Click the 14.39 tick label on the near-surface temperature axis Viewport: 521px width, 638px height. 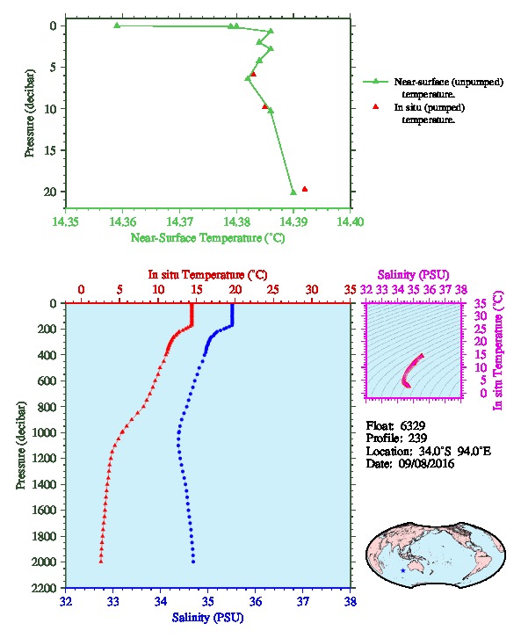coord(293,221)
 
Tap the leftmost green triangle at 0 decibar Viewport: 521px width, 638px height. coord(117,25)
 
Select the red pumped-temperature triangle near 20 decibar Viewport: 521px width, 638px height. coord(305,189)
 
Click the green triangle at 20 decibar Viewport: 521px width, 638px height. coord(293,192)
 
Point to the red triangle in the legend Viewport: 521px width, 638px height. coord(376,106)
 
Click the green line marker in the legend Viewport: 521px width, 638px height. coord(376,82)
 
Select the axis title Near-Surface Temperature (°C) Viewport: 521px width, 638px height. coord(208,238)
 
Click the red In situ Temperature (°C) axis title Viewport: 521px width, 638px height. coord(207,275)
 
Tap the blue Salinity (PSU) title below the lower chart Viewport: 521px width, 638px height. coord(208,618)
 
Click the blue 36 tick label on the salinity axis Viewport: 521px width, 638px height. coord(256,601)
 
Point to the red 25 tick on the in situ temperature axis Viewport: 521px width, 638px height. coord(273,290)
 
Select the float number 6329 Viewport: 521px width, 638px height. coord(413,425)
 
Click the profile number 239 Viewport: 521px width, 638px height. coord(417,439)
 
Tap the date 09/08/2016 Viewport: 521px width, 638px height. coord(426,463)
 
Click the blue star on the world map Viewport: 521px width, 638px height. coord(402,570)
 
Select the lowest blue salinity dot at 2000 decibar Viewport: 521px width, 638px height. coord(193,562)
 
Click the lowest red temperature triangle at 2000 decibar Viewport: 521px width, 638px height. coord(101,562)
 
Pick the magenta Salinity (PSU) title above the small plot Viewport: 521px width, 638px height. coord(414,275)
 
